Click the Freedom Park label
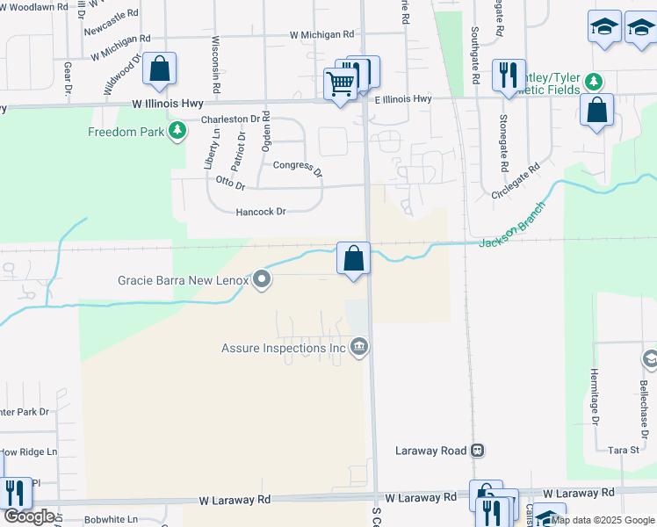click(127, 132)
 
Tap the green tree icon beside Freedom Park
click(178, 132)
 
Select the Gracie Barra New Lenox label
click(184, 281)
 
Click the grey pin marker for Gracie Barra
click(262, 280)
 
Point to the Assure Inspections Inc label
click(284, 348)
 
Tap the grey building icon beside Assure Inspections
click(358, 348)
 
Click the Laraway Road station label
click(430, 451)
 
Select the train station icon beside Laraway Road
click(477, 451)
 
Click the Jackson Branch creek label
click(512, 226)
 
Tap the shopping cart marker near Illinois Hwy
click(340, 84)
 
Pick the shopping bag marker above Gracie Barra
click(353, 258)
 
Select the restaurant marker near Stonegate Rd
click(507, 76)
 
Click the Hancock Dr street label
click(261, 212)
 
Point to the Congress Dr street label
click(297, 166)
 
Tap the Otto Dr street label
click(230, 182)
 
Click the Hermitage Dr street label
click(595, 396)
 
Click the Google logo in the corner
click(29, 516)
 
